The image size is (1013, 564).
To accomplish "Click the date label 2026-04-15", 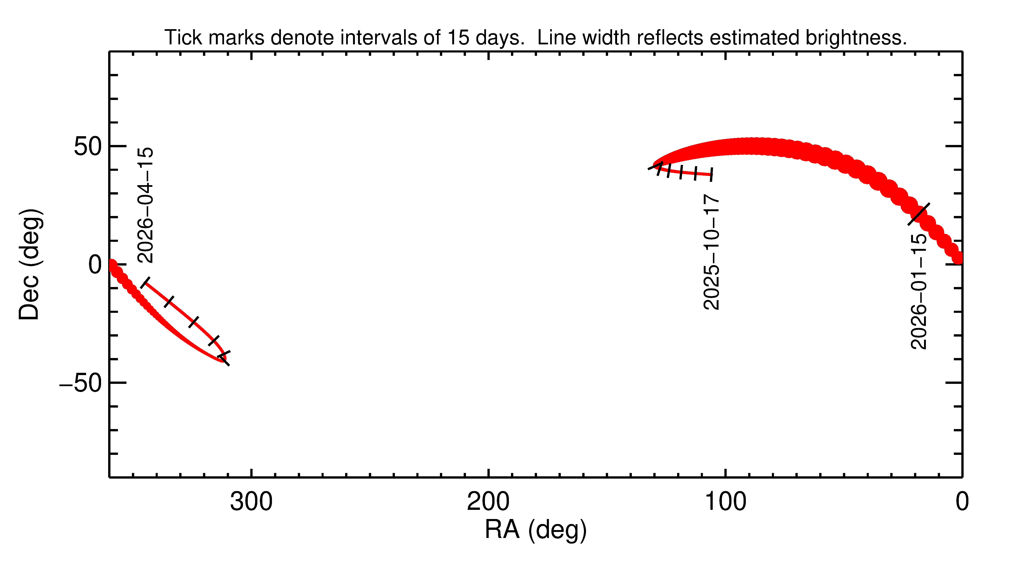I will (145, 205).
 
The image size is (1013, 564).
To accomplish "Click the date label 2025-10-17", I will (711, 252).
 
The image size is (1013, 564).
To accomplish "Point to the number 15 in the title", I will (458, 38).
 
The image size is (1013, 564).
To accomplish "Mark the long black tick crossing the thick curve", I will (919, 214).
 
